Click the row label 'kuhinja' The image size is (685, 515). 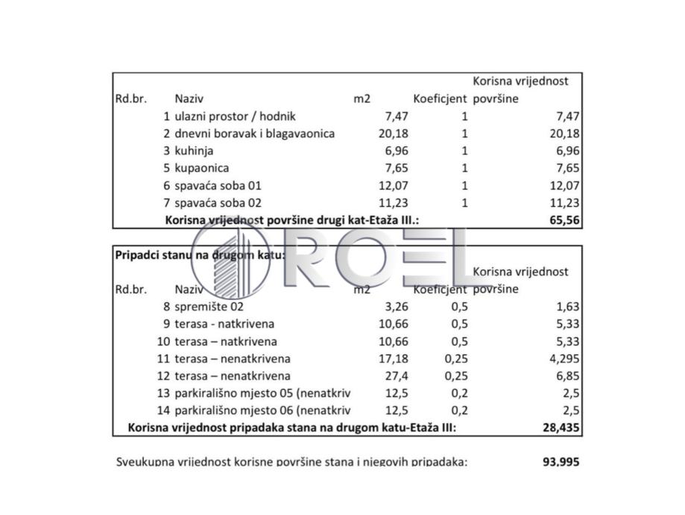(x=193, y=151)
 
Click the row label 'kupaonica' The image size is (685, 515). (x=202, y=168)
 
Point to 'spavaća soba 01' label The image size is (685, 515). (x=218, y=185)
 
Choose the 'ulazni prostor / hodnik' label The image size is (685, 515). (x=235, y=116)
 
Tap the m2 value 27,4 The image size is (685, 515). (x=397, y=376)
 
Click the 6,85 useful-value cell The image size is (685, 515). (x=568, y=376)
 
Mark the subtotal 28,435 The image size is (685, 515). (x=561, y=428)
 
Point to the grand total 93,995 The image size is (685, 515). (x=561, y=462)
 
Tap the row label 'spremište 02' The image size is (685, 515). (x=209, y=306)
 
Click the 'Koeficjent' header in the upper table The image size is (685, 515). (x=440, y=99)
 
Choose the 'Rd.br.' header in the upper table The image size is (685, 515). (x=131, y=99)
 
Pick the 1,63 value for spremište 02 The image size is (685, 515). (x=568, y=306)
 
